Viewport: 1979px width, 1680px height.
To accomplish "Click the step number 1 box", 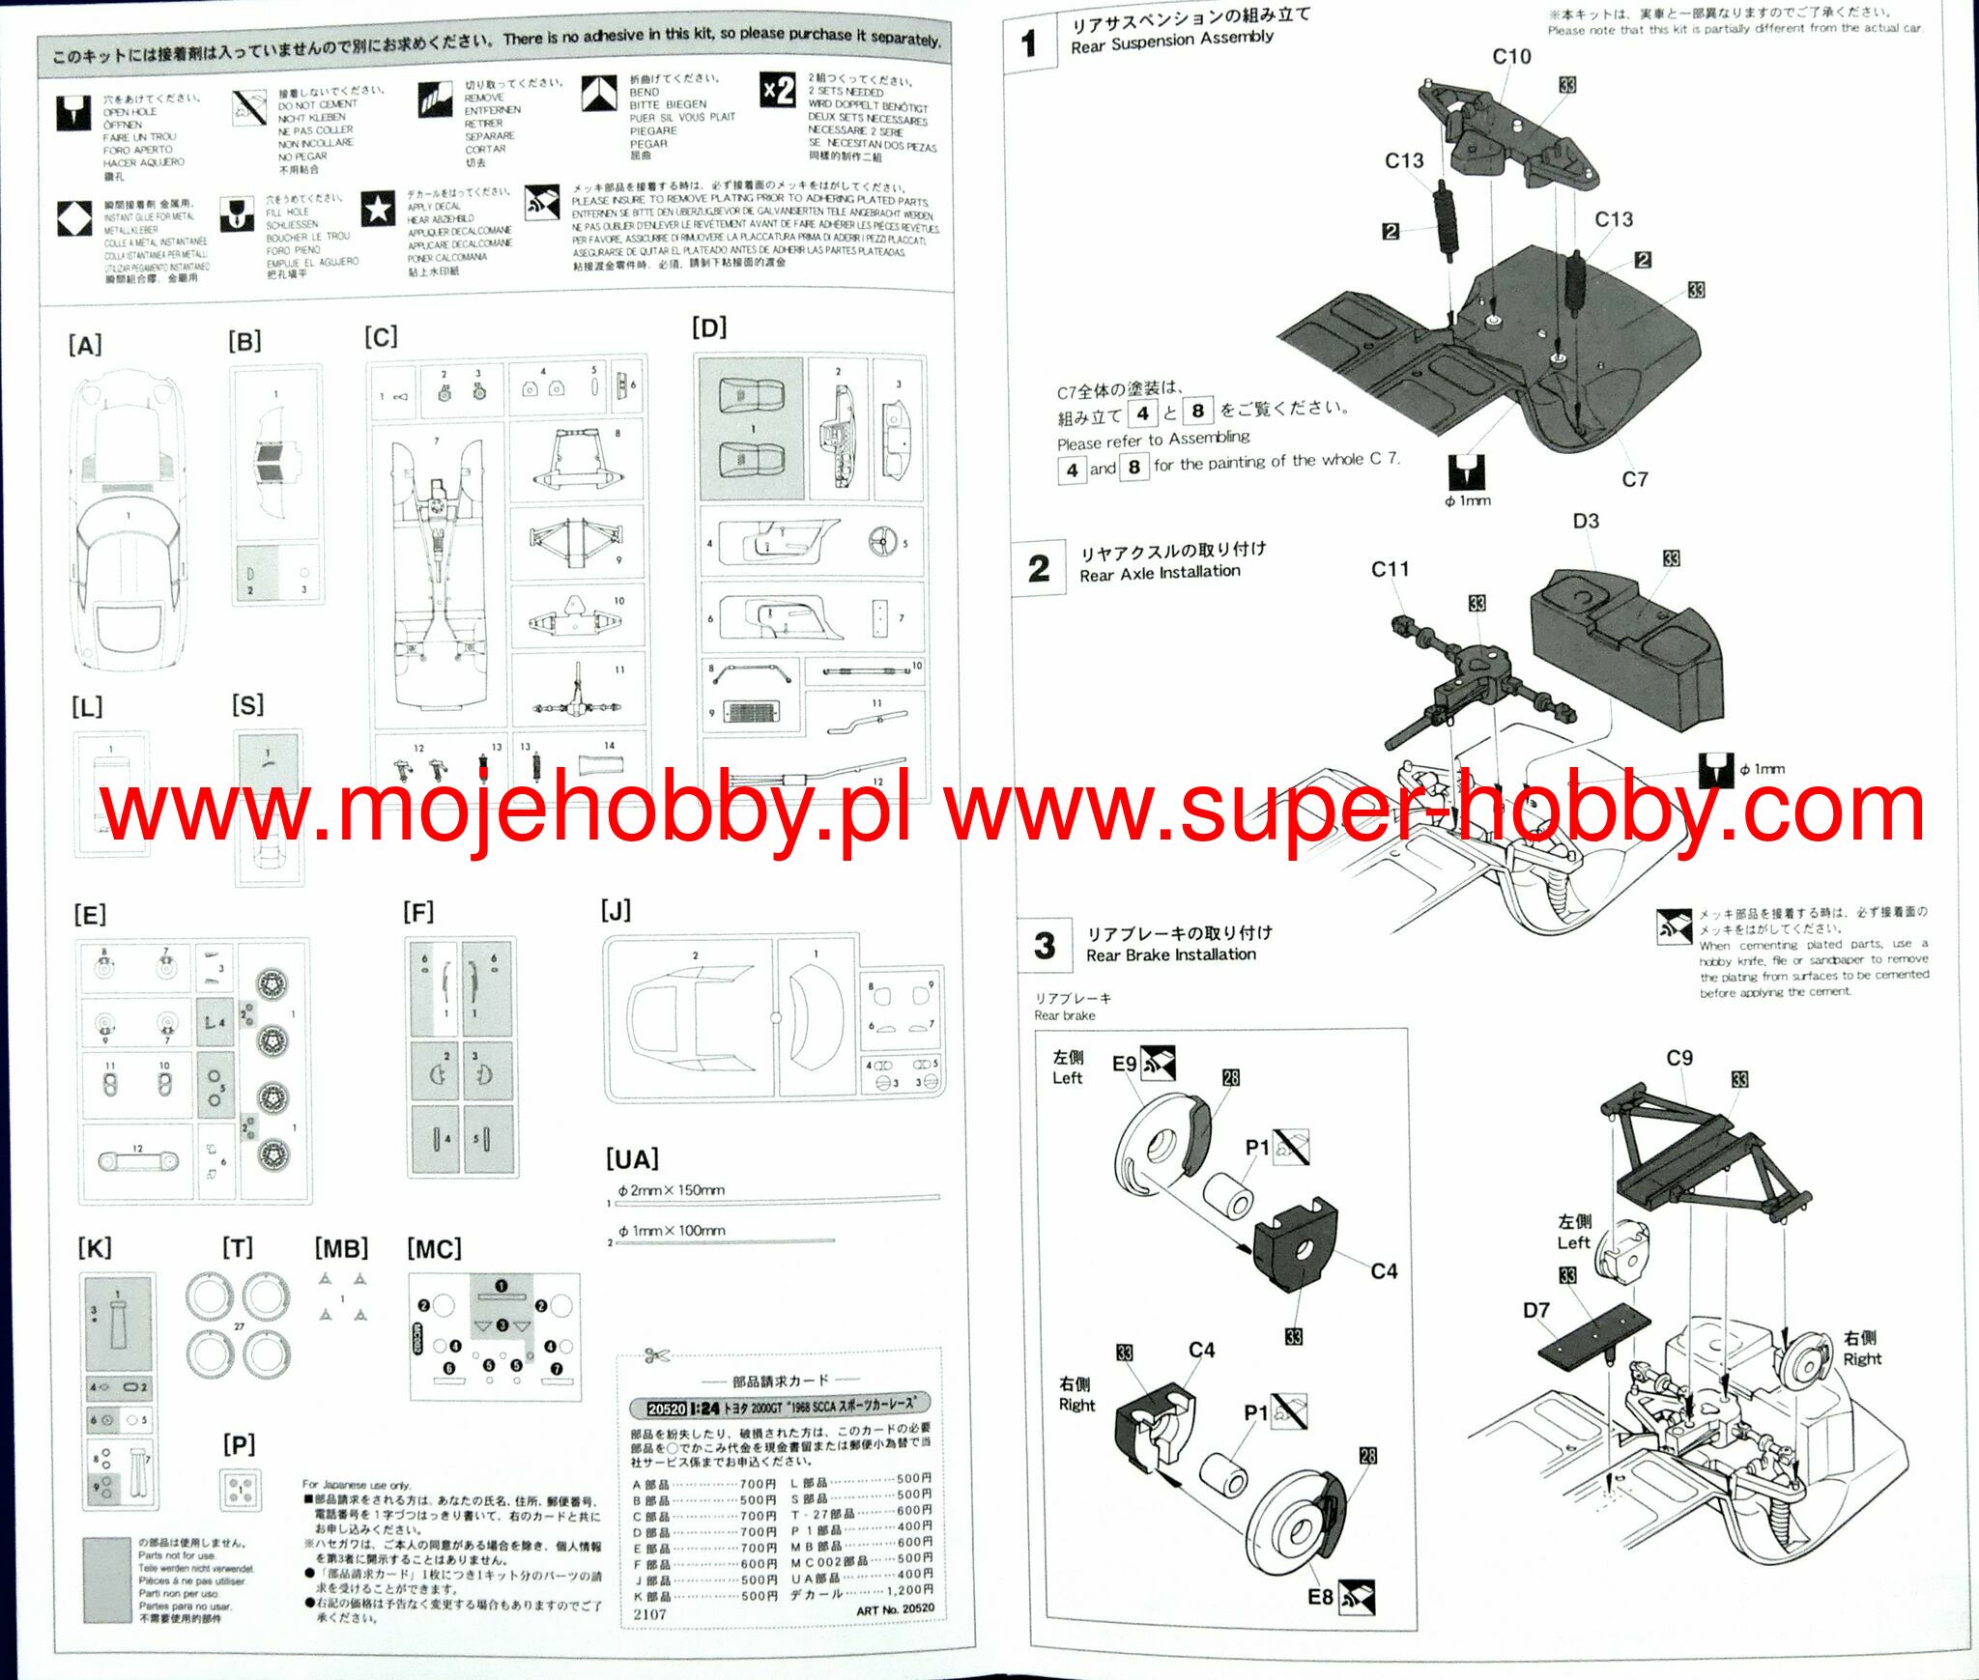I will point(1029,43).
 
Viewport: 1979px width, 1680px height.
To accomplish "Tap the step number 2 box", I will point(1039,568).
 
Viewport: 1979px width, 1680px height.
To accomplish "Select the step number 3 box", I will point(1045,945).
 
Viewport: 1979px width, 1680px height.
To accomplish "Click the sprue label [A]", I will point(85,345).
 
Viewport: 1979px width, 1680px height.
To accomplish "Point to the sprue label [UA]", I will point(632,1158).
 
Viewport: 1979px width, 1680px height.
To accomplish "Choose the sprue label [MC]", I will point(434,1249).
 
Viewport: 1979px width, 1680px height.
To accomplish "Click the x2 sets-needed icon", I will point(778,92).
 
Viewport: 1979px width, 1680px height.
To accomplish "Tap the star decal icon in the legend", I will point(378,209).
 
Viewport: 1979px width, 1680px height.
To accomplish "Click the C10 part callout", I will point(1511,56).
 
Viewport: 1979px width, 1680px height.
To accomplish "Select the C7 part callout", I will point(1634,479).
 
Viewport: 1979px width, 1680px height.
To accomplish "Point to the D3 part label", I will point(1586,521).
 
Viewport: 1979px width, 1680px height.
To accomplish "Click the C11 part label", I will point(1390,569).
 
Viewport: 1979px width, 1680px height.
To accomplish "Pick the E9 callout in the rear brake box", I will point(1124,1064).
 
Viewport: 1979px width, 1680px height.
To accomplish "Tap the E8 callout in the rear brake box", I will point(1320,1597).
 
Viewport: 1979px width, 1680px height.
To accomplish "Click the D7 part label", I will point(1536,1310).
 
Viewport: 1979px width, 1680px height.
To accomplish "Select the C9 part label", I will point(1679,1058).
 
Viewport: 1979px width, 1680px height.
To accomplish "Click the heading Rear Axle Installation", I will point(1160,573).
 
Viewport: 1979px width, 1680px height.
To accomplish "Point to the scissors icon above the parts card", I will point(657,1354).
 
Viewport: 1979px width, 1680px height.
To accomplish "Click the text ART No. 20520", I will point(895,1609).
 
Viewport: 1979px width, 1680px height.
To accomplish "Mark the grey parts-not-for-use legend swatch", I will point(106,1580).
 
